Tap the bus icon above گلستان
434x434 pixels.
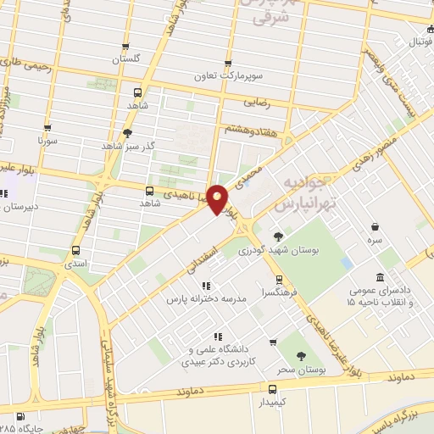tap(126, 47)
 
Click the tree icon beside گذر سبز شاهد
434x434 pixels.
tap(127, 132)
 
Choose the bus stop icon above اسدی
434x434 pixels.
tap(77, 251)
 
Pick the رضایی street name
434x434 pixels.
tap(258, 100)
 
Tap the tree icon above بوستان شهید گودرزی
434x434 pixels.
tap(278, 236)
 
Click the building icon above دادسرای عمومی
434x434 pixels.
tap(380, 276)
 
